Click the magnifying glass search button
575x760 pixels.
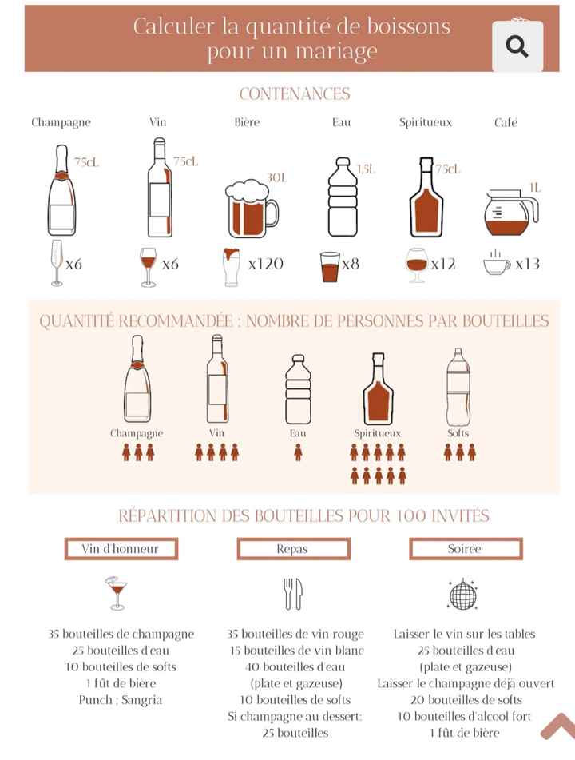pos(517,46)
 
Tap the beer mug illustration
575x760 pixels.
pos(251,208)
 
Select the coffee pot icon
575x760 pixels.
pos(510,213)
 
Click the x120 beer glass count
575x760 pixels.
pos(265,264)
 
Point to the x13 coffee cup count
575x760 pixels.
pos(527,264)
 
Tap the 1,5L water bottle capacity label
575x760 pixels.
pos(366,169)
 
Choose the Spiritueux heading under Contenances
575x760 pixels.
pos(425,122)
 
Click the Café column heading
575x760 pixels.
pos(506,122)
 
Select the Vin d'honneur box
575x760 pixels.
pos(121,549)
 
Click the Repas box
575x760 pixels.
pos(292,549)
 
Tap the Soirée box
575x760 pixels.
pos(465,549)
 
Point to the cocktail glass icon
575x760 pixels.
pos(117,592)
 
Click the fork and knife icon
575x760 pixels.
pos(292,594)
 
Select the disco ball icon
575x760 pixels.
pos(464,593)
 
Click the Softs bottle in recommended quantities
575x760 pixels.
pos(458,387)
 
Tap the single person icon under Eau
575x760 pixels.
pos(298,452)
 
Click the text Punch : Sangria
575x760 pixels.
pos(121,700)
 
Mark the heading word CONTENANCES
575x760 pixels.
pos(295,94)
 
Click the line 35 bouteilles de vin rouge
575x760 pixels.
pos(292,634)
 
